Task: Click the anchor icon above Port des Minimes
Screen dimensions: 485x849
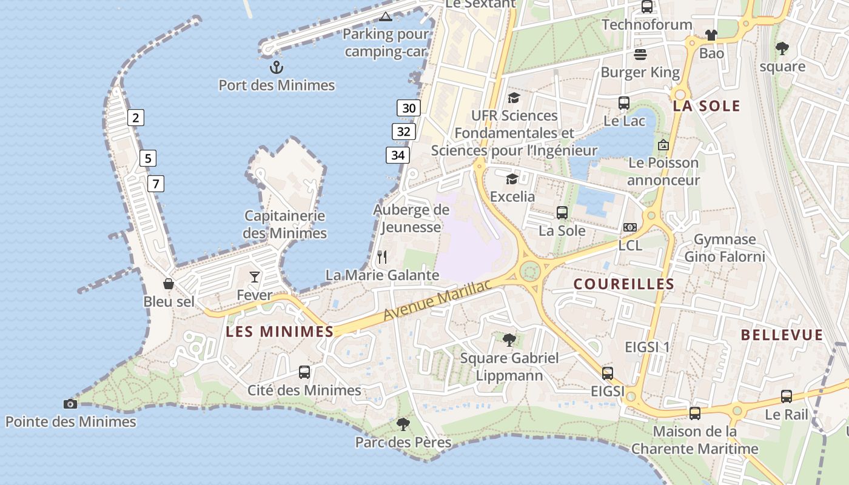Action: pos(277,67)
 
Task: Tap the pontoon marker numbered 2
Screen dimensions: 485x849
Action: pos(136,118)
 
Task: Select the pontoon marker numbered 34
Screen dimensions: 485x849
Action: pos(398,155)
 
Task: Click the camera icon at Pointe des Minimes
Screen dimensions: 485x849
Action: pos(70,404)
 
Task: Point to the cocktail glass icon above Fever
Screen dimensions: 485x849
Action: pos(255,277)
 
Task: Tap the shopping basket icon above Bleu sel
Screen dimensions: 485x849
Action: pos(169,283)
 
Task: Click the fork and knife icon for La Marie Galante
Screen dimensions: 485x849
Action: pos(382,257)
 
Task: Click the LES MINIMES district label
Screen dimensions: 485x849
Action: pos(280,331)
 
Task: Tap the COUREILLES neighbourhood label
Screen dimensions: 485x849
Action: pos(623,284)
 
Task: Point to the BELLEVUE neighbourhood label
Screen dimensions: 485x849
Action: pos(782,335)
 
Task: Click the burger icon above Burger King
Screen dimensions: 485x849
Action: pos(640,55)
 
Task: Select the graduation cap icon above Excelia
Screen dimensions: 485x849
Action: pos(512,179)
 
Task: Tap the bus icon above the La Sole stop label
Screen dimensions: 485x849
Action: pos(562,213)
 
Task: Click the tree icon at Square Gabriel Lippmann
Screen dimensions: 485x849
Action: pos(509,339)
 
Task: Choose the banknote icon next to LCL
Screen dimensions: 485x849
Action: pos(630,227)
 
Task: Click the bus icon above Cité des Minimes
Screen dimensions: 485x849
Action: pos(304,372)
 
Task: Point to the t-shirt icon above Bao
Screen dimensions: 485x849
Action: pos(711,35)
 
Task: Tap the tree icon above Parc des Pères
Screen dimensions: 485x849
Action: pos(403,424)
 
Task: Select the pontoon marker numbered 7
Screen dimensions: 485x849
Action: pos(156,183)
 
